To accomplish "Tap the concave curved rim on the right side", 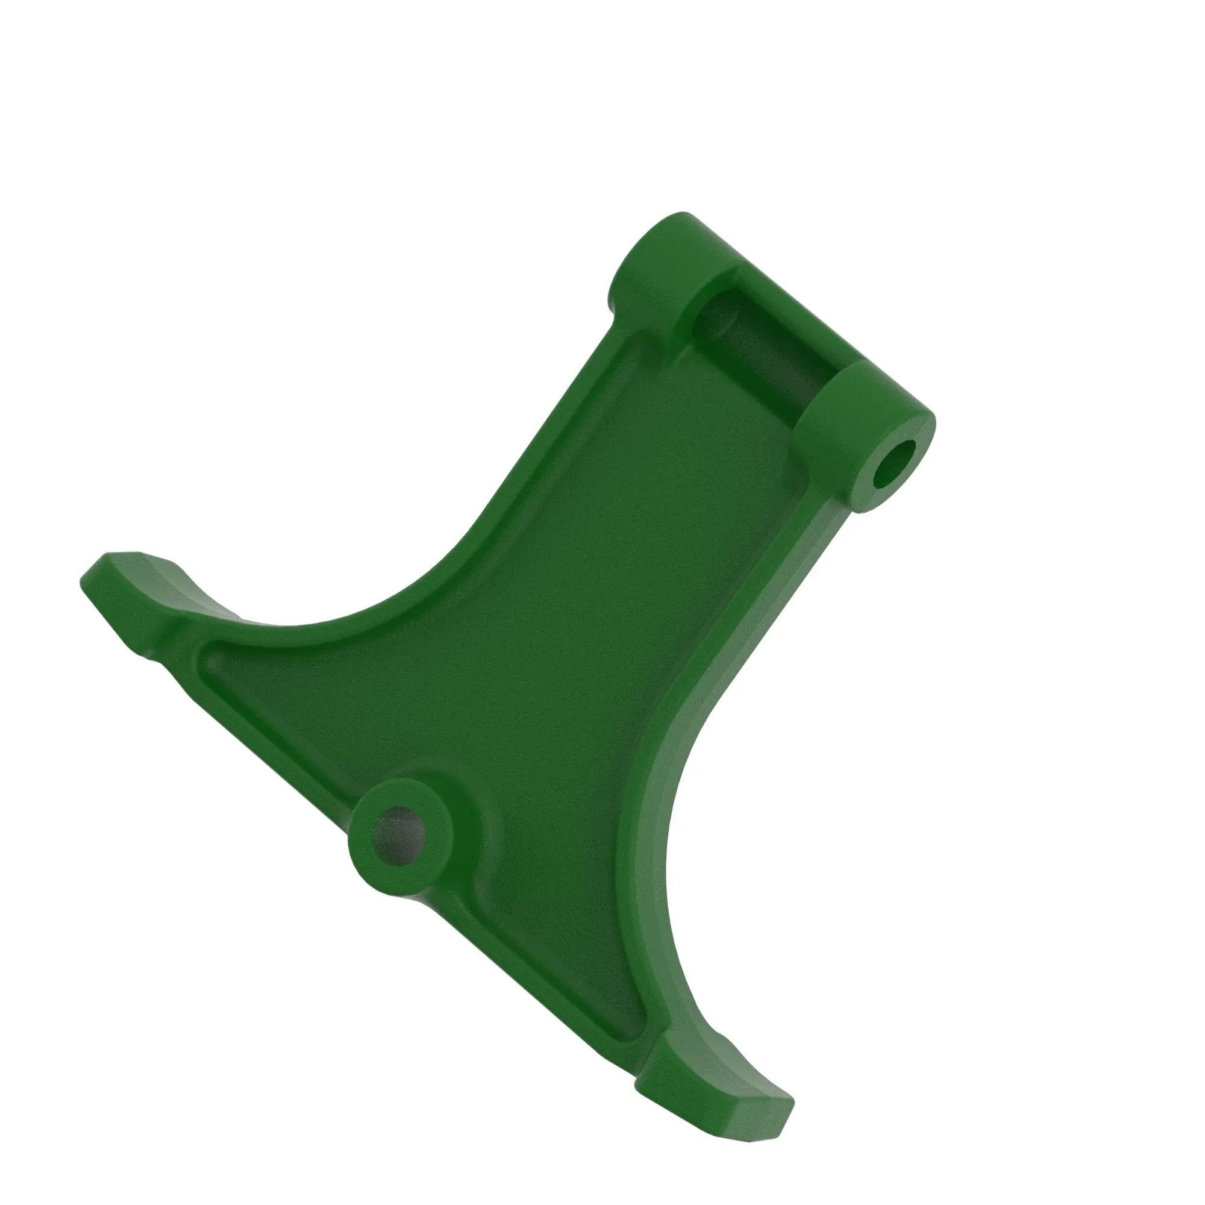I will point(655,842).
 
